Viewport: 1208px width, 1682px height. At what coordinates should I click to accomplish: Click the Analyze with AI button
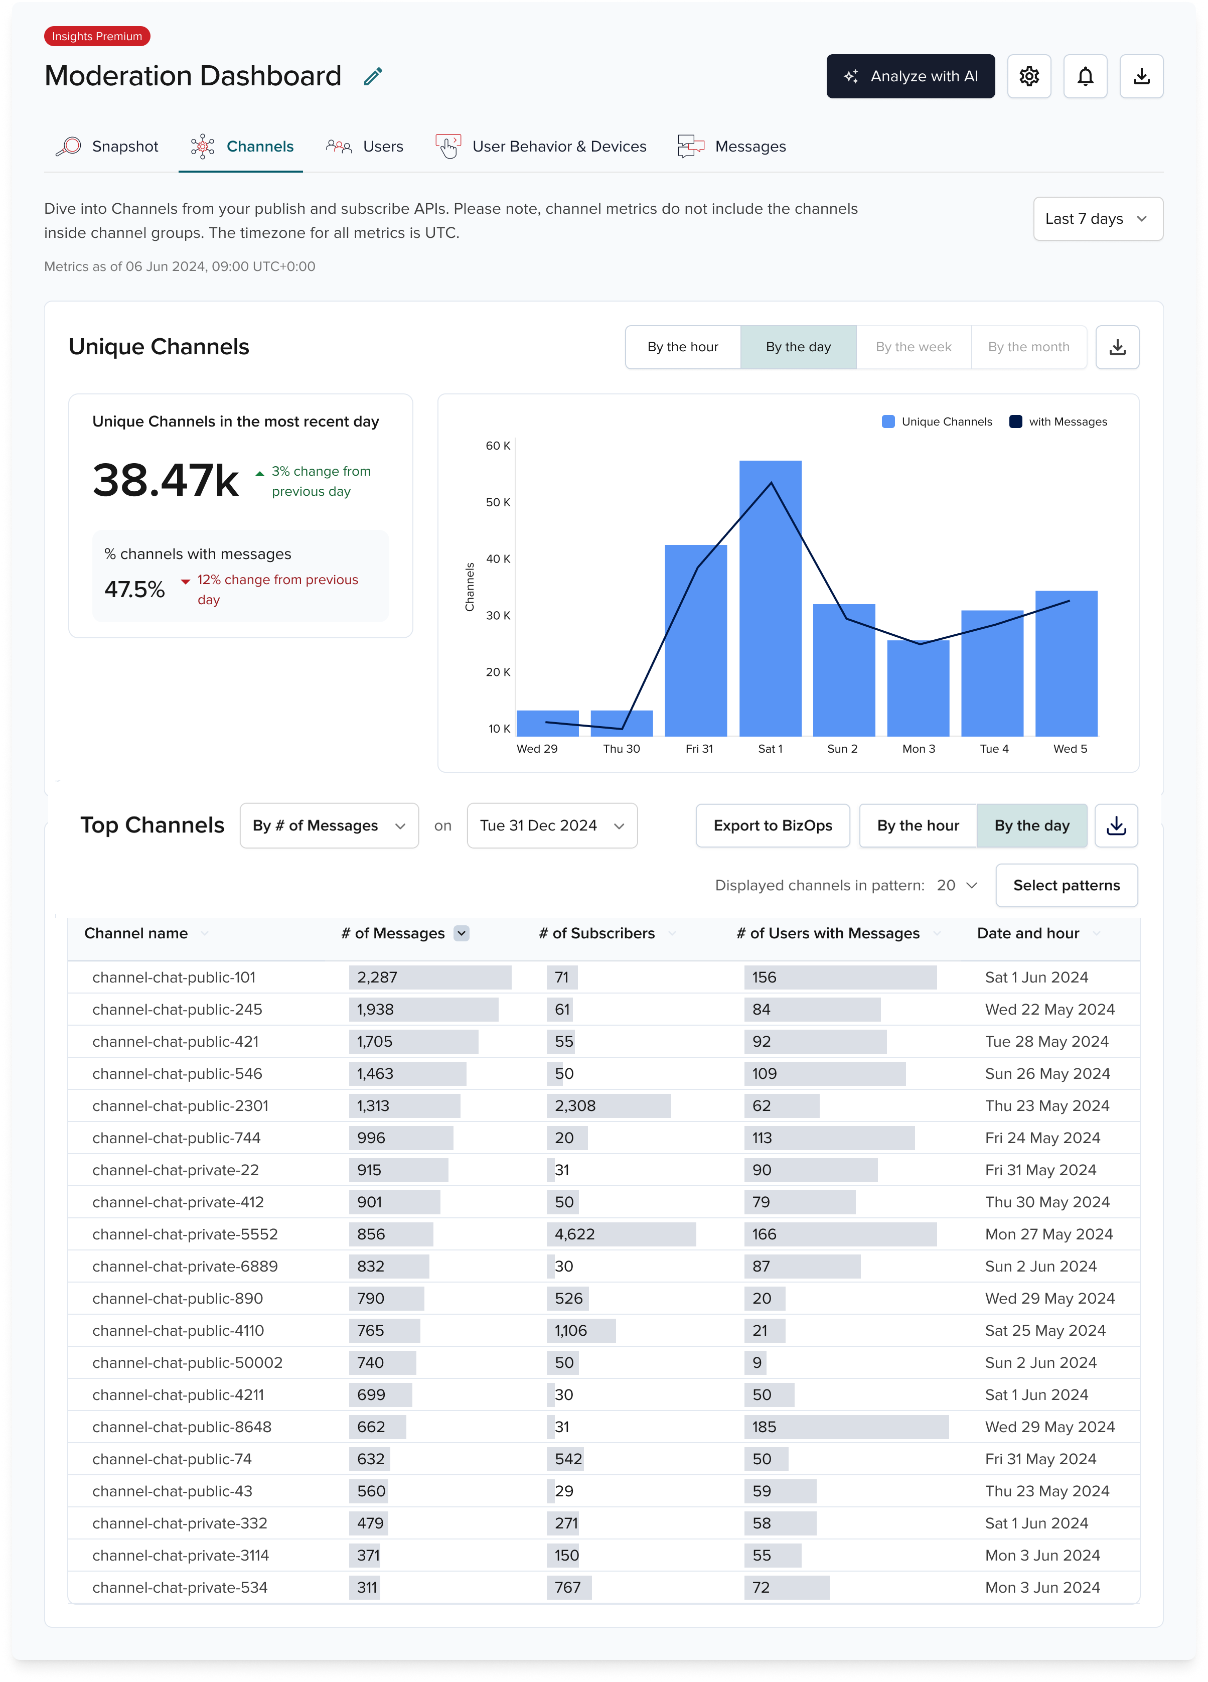point(910,76)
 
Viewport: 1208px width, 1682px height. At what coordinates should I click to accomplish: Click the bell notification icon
point(1085,76)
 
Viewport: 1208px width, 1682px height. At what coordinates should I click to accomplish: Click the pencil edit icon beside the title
point(373,76)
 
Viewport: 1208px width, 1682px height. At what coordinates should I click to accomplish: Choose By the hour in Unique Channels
point(682,347)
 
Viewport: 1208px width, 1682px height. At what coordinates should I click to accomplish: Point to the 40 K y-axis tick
point(498,559)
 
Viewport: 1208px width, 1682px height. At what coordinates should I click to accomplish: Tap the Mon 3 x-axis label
point(918,749)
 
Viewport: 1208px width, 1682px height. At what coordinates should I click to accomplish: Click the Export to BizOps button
point(772,825)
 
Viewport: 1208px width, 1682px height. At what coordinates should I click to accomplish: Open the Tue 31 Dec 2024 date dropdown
point(552,825)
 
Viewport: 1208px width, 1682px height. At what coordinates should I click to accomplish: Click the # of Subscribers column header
point(597,934)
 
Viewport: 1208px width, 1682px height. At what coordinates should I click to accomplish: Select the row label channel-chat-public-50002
point(187,1362)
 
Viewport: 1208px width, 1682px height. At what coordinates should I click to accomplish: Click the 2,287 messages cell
point(377,977)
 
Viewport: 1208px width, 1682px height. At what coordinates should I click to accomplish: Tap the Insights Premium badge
point(97,36)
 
